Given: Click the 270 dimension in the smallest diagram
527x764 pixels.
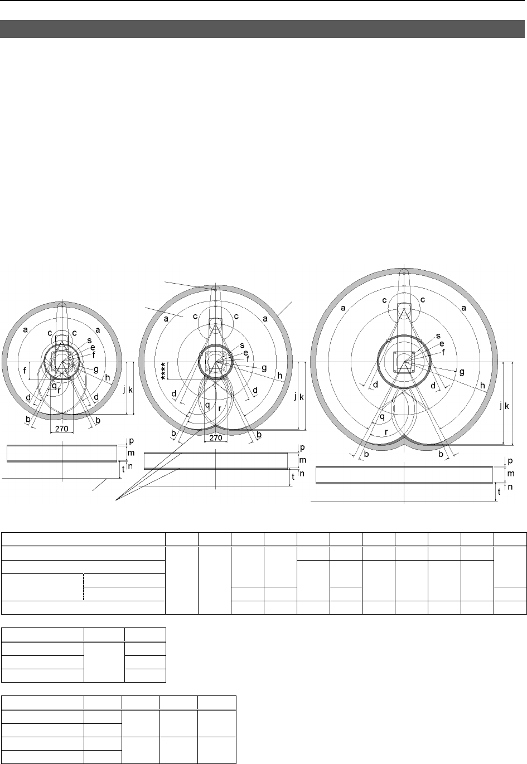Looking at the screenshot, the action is click(x=62, y=429).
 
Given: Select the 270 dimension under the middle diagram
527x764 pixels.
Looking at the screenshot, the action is click(x=216, y=437).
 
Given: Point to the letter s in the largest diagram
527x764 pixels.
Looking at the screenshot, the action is click(x=438, y=336).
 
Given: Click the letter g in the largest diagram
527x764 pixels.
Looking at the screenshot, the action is click(x=462, y=372).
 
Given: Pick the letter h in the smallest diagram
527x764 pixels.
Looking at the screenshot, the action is click(x=108, y=377).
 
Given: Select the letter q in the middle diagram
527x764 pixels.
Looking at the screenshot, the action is click(x=207, y=406).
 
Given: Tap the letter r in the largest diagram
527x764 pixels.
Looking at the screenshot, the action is click(x=386, y=432).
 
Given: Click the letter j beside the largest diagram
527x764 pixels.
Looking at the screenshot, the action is click(x=501, y=406).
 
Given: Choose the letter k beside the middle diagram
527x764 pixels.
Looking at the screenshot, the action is click(x=301, y=397).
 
